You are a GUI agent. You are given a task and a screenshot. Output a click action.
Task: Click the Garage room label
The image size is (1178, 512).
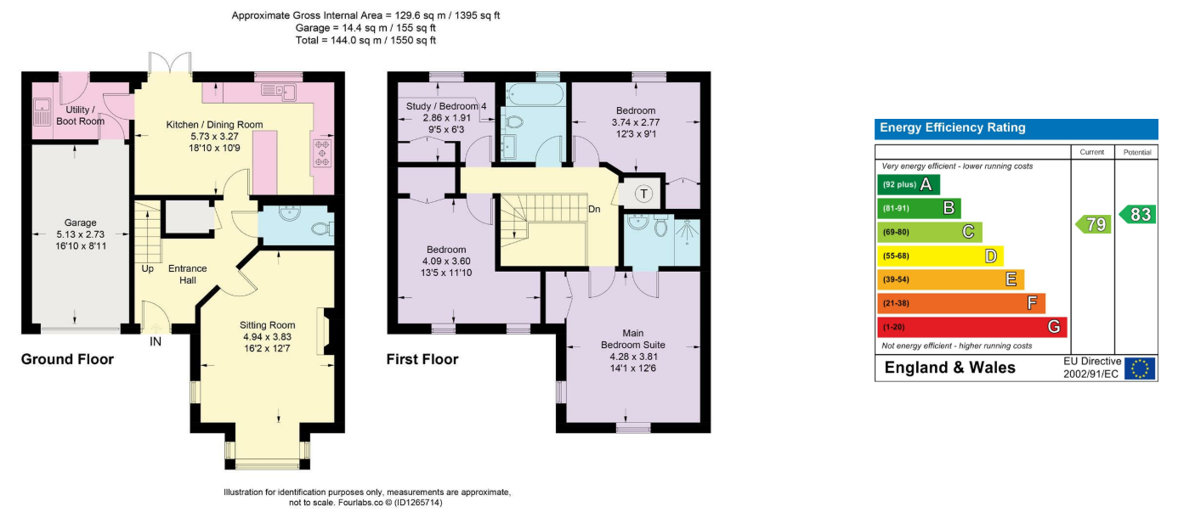[80, 222]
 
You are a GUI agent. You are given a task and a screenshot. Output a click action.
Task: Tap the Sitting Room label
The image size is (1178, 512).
[267, 325]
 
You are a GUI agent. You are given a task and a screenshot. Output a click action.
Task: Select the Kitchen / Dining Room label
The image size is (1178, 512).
[214, 125]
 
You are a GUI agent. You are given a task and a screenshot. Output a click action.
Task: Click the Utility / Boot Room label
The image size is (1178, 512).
[80, 115]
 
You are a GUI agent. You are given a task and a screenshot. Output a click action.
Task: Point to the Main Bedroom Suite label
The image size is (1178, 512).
[632, 339]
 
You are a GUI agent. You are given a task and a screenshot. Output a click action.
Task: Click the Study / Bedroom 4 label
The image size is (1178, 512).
[446, 106]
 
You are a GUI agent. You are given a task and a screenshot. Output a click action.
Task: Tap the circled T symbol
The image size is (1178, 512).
[643, 194]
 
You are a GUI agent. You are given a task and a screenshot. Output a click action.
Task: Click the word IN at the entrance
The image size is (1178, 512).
[156, 342]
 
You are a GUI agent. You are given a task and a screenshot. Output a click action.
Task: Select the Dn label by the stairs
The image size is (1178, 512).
[594, 209]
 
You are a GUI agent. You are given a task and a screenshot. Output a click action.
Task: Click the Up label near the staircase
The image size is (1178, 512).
[147, 269]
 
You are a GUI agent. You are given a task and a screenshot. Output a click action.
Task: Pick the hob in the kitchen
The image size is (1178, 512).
[322, 152]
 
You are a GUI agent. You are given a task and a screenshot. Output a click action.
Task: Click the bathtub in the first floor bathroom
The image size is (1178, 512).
[535, 94]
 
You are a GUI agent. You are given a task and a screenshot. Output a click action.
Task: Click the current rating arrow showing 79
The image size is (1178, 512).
[1093, 224]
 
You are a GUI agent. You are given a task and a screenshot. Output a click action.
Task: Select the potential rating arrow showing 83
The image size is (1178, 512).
[1137, 214]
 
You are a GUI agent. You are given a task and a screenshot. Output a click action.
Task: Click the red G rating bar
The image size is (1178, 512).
[971, 327]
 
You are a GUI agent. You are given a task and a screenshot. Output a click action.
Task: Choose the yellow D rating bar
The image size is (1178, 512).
[940, 256]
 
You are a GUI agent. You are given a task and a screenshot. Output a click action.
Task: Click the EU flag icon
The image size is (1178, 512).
[1140, 369]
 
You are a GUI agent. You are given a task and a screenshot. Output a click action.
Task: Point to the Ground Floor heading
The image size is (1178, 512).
[67, 359]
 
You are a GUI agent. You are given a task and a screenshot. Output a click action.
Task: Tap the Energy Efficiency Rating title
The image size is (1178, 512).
[953, 127]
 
